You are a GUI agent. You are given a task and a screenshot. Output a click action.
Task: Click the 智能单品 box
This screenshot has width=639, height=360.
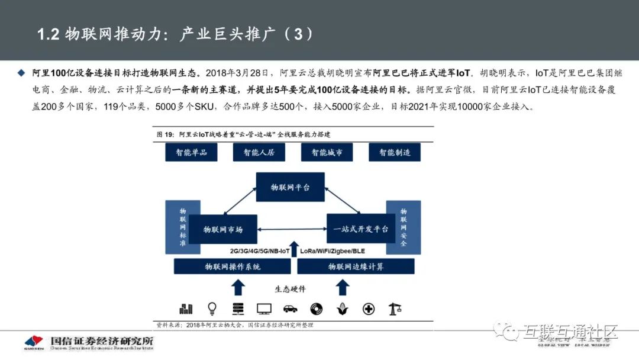point(191,152)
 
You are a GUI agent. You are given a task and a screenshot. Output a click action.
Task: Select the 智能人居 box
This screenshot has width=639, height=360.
point(259,152)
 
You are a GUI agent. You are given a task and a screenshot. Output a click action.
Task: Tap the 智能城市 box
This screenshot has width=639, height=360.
point(327,152)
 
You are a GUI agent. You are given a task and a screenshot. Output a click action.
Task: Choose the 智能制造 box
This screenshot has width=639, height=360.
point(395,152)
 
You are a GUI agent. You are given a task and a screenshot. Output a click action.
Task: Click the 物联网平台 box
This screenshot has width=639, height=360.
point(291,187)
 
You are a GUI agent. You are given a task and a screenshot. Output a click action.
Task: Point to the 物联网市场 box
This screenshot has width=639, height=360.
point(223,229)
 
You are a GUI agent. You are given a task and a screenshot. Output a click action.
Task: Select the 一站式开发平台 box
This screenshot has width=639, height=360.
point(360,229)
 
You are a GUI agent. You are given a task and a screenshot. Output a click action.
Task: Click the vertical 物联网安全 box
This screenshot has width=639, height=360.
point(403,227)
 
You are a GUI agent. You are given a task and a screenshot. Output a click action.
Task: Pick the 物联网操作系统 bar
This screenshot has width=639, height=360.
point(233,266)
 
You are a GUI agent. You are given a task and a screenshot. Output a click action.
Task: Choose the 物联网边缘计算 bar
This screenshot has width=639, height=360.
point(356,266)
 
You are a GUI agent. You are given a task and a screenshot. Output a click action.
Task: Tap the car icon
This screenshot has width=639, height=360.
point(290,308)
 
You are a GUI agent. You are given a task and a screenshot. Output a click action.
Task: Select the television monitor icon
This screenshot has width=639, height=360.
point(264,308)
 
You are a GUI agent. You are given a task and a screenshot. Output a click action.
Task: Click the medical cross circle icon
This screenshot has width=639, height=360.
point(368,308)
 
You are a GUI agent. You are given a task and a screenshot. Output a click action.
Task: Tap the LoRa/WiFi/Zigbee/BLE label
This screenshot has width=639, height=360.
point(333,251)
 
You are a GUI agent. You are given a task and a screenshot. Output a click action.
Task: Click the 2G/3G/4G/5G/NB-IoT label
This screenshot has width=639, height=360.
point(260,251)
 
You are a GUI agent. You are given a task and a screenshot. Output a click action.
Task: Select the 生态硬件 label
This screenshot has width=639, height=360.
point(291,289)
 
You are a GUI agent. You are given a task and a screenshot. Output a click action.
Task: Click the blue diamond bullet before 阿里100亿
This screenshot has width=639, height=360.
point(22,73)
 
